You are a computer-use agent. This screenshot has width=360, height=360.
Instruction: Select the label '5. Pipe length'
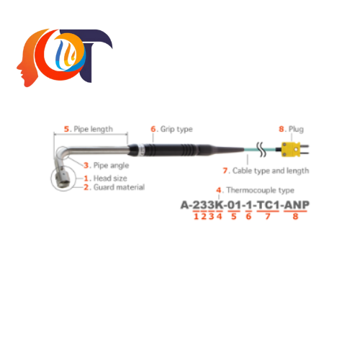tap(88, 129)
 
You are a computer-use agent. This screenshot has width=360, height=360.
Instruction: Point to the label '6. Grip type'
tap(171, 129)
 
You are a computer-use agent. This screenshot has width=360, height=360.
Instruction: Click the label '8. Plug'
tap(291, 129)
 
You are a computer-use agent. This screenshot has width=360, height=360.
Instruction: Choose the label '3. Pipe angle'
tap(107, 166)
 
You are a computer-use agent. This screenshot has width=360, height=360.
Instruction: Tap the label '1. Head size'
tap(105, 179)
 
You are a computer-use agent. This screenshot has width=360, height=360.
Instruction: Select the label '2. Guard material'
tap(114, 187)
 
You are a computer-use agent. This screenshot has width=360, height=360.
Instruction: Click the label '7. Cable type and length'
tap(266, 171)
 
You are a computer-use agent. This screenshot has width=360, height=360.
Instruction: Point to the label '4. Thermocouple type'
tap(255, 190)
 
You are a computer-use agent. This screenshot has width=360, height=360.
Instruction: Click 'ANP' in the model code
tap(297, 205)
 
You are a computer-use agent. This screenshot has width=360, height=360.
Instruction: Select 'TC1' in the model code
tap(269, 205)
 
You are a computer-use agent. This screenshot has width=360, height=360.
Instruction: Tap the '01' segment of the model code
tap(234, 205)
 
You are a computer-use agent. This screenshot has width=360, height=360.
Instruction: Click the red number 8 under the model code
tap(295, 217)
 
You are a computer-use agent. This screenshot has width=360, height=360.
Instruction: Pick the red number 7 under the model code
tap(268, 217)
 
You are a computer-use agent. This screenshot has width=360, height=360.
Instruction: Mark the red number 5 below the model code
tap(234, 217)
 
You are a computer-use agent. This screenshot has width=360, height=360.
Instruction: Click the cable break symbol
tap(261, 149)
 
